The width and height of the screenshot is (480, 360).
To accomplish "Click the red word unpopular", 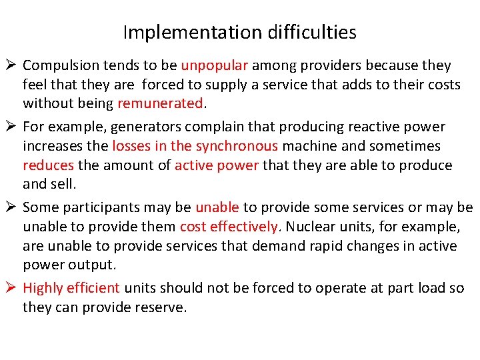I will pos(215,66).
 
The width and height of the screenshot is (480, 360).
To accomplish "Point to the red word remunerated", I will pos(160,103).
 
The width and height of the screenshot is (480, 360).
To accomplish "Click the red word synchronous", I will pos(236,146).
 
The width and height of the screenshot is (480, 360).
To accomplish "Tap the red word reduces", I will pos(49,165).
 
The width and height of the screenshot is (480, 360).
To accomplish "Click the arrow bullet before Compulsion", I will pos(12,65).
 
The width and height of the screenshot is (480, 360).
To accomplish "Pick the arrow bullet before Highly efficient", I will pos(12,287).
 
